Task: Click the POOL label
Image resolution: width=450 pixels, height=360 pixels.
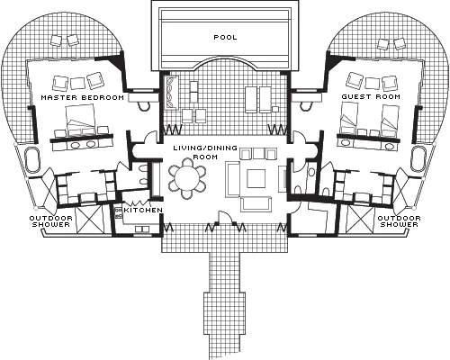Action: [x=225, y=38]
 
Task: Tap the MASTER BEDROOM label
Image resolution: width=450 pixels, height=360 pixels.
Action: [x=82, y=97]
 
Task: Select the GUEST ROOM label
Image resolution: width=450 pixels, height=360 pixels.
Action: [x=371, y=96]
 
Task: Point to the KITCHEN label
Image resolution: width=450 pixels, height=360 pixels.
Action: [x=143, y=210]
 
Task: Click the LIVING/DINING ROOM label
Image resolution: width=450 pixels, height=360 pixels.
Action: [x=205, y=152]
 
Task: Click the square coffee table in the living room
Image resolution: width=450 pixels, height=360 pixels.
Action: [x=256, y=178]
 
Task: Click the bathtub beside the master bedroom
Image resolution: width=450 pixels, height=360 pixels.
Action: [x=32, y=159]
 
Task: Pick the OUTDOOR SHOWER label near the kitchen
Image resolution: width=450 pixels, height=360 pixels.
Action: [x=51, y=221]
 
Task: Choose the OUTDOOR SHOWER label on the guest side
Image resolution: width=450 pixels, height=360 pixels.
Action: [x=399, y=221]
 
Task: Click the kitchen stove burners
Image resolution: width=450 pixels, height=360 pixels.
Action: [x=118, y=212]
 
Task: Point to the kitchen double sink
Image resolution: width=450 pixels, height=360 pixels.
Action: [x=142, y=229]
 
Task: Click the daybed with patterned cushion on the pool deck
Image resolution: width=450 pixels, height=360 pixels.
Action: [x=172, y=93]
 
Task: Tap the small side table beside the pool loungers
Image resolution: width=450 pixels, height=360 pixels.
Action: [x=275, y=108]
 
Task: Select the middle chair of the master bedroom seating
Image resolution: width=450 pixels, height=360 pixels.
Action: [x=77, y=83]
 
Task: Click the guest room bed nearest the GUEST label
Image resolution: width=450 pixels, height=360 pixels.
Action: [x=349, y=118]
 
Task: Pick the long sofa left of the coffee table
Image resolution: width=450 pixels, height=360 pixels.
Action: [x=232, y=179]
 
